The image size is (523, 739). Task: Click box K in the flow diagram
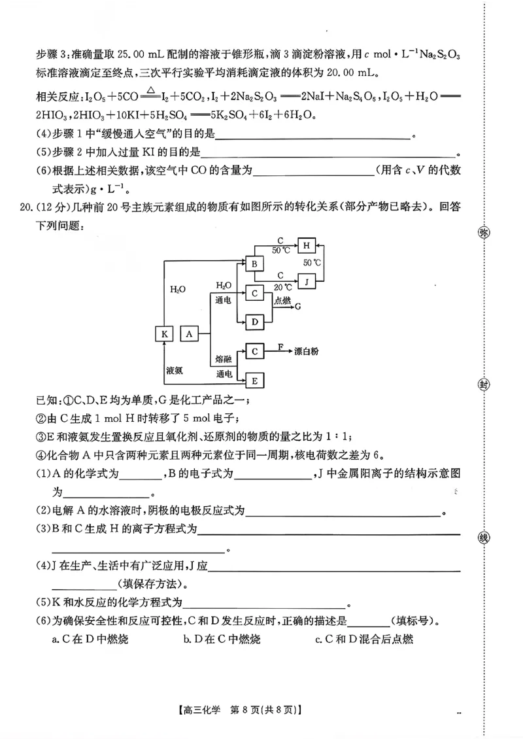tap(164, 334)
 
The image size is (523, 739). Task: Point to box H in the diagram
tap(307, 245)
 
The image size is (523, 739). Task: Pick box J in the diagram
tap(307, 281)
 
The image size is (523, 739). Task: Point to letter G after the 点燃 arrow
tap(298, 305)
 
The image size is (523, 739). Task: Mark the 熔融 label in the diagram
tap(224, 360)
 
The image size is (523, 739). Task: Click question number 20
tap(27, 208)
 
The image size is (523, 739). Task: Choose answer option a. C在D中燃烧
tap(90, 639)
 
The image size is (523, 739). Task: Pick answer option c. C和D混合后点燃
tap(363, 639)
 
